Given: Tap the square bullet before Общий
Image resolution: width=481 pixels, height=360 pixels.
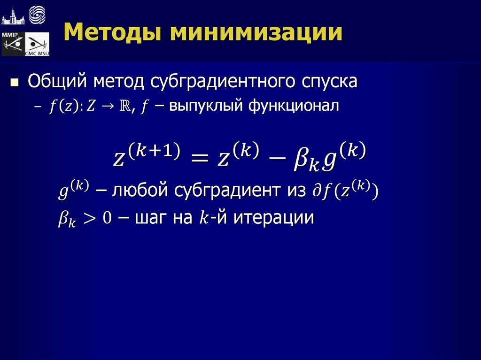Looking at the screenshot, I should point(15,83).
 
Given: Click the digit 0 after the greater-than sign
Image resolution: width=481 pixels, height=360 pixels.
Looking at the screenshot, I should point(108,219).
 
